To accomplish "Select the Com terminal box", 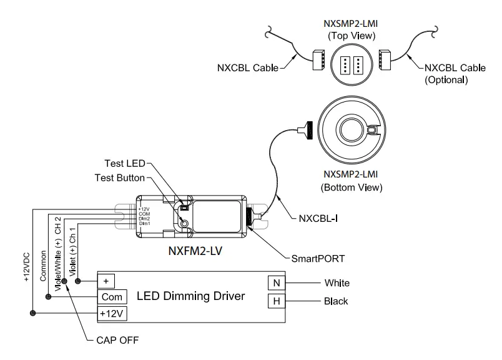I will pos(111,296).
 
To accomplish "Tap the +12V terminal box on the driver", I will pos(112,312).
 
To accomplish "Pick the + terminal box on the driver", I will pos(106,281).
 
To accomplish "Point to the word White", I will pos(337,283).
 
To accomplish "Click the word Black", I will pos(336,301).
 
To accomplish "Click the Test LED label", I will pos(125,164).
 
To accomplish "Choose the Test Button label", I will pos(119,178).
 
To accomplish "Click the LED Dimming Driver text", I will pos(191,296).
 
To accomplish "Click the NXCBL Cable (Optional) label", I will pos(453,73).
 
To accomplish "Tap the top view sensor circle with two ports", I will pos(349,66).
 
